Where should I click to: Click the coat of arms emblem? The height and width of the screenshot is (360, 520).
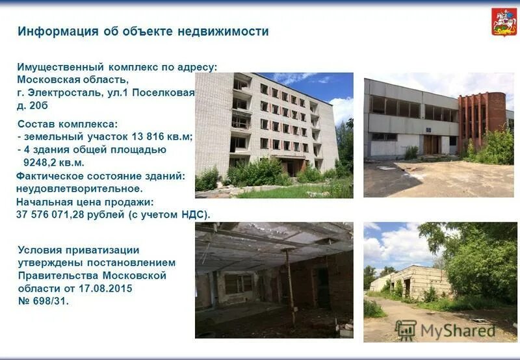click(504, 22)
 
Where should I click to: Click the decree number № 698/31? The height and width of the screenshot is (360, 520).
click(42, 301)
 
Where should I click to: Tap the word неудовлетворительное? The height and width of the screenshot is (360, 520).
click(79, 188)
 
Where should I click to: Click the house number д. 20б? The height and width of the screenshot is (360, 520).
click(32, 105)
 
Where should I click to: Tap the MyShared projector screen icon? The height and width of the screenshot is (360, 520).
click(406, 330)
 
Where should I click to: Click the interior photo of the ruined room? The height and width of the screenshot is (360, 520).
click(274, 279)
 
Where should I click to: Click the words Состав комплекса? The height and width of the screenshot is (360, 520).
click(66, 123)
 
